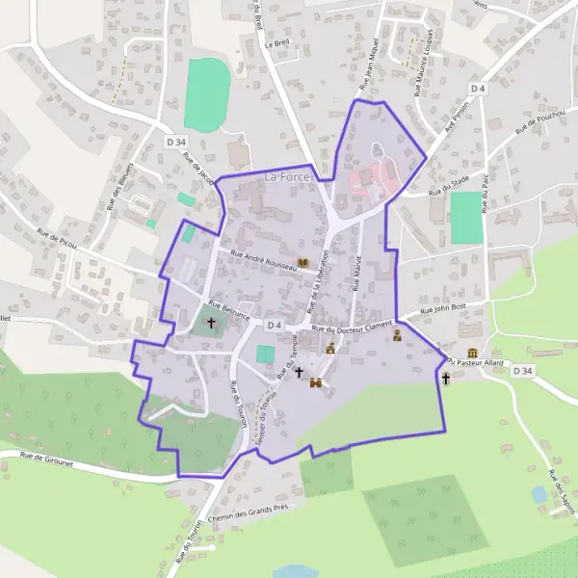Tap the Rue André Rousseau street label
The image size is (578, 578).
[x=257, y=261]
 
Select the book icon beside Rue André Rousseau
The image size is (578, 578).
[x=302, y=262]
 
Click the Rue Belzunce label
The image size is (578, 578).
[x=229, y=310]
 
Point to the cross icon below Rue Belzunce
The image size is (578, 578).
[x=211, y=323]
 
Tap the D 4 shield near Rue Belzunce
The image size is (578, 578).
[x=275, y=326]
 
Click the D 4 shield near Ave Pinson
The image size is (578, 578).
[x=477, y=88]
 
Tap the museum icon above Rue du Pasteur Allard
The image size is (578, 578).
[x=472, y=354]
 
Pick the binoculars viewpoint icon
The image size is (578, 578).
[x=315, y=382]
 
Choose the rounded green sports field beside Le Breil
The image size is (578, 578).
[x=207, y=94]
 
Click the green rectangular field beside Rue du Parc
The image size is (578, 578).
[x=465, y=218]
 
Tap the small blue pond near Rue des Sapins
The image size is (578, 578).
[x=539, y=494]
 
